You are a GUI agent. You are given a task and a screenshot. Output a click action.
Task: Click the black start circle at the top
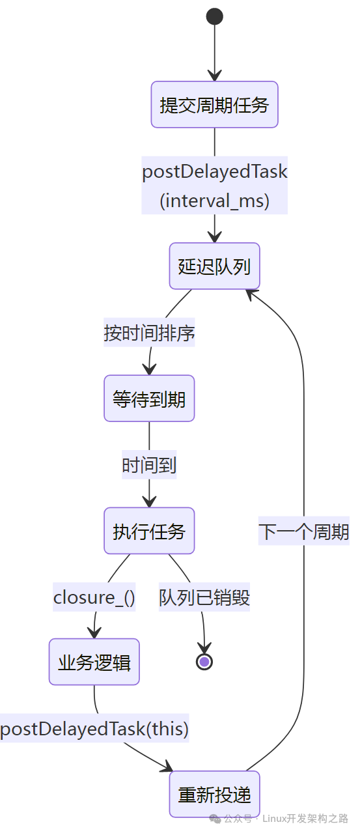pyautogui.click(x=215, y=16)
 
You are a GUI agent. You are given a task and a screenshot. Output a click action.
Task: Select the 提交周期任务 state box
pyautogui.click(x=215, y=105)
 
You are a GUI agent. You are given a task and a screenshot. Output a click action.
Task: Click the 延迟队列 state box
pyautogui.click(x=215, y=266)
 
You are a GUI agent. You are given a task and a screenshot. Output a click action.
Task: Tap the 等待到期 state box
pyautogui.click(x=149, y=399)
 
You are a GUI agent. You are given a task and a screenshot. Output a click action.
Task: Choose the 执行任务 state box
pyautogui.click(x=149, y=531)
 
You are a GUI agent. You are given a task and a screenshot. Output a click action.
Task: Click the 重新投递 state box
pyautogui.click(x=215, y=795)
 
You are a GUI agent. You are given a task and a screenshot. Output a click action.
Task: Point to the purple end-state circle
pyautogui.click(x=204, y=662)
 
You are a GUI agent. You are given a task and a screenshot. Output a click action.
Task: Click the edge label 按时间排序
pyautogui.click(x=149, y=333)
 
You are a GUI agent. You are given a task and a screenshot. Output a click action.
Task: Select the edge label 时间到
pyautogui.click(x=149, y=466)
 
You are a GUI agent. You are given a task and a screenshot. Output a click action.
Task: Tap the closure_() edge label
pyautogui.click(x=94, y=597)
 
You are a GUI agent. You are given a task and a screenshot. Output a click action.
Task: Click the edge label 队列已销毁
pyautogui.click(x=204, y=597)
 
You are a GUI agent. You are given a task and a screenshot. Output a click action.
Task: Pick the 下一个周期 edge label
pyautogui.click(x=303, y=531)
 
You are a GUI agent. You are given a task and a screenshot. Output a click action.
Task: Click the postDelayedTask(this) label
pyautogui.click(x=94, y=729)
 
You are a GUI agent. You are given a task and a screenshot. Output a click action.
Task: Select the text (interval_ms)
pyautogui.click(x=215, y=200)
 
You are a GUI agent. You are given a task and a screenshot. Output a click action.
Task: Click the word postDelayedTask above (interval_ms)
pyautogui.click(x=215, y=172)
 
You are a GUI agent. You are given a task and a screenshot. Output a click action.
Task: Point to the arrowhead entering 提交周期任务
pyautogui.click(x=215, y=75)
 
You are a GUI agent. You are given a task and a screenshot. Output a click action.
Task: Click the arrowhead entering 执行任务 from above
pyautogui.click(x=149, y=501)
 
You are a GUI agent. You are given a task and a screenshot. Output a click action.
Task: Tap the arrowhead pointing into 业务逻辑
pyautogui.click(x=94, y=632)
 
